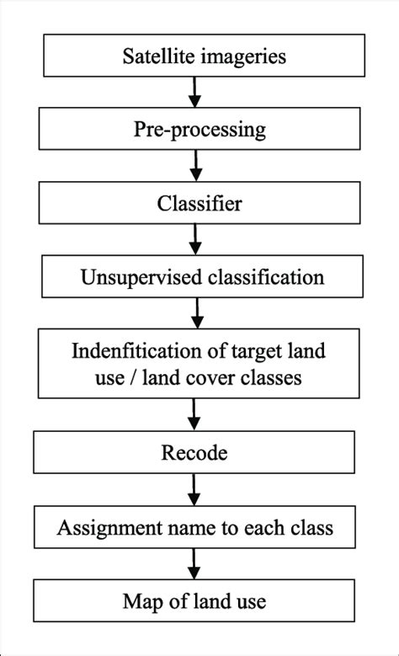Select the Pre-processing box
coord(199,130)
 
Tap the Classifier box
coord(199,203)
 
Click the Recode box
coord(194,453)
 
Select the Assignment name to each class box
coord(194,528)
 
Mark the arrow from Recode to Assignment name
coord(195,490)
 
